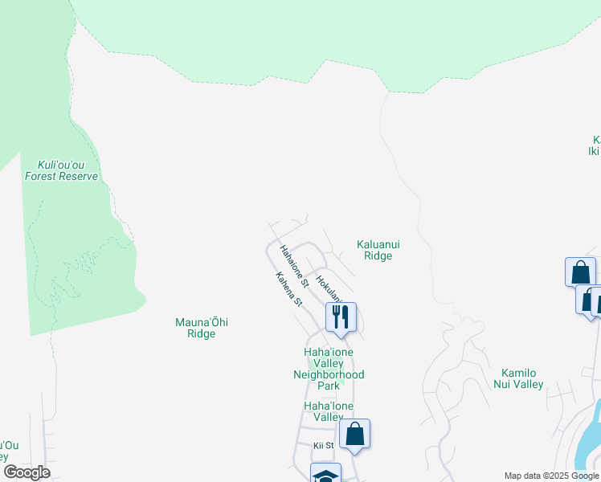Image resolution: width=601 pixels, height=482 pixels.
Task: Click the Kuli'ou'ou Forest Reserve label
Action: [x=62, y=170]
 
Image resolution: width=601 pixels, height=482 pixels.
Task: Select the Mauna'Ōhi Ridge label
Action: [x=202, y=328]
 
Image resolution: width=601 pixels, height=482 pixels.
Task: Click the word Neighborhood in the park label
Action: [x=329, y=374]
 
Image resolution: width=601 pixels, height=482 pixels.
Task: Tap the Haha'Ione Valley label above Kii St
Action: [x=328, y=411]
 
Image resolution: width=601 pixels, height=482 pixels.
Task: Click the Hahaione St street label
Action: [x=293, y=266]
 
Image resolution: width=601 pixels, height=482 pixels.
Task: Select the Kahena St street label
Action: [x=288, y=290]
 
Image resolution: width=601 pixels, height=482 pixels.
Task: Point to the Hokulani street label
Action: [x=331, y=289]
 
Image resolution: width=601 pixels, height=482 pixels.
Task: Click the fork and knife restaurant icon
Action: [x=341, y=317]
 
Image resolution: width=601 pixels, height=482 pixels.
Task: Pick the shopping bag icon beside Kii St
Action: [x=354, y=435]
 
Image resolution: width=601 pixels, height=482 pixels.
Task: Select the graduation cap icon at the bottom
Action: [x=325, y=475]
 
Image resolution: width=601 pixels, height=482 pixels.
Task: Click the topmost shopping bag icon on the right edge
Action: [x=579, y=272]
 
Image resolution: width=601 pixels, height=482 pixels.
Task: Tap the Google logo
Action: [x=27, y=472]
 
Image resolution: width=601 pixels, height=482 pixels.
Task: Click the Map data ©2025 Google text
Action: [x=551, y=476]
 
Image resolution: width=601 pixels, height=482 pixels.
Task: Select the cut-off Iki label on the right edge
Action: [x=594, y=150]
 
